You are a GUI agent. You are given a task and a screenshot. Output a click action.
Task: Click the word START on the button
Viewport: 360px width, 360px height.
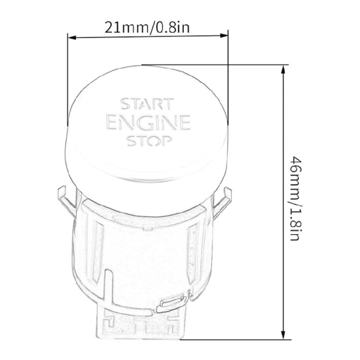146,104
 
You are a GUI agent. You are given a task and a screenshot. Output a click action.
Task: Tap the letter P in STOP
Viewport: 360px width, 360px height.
166,141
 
